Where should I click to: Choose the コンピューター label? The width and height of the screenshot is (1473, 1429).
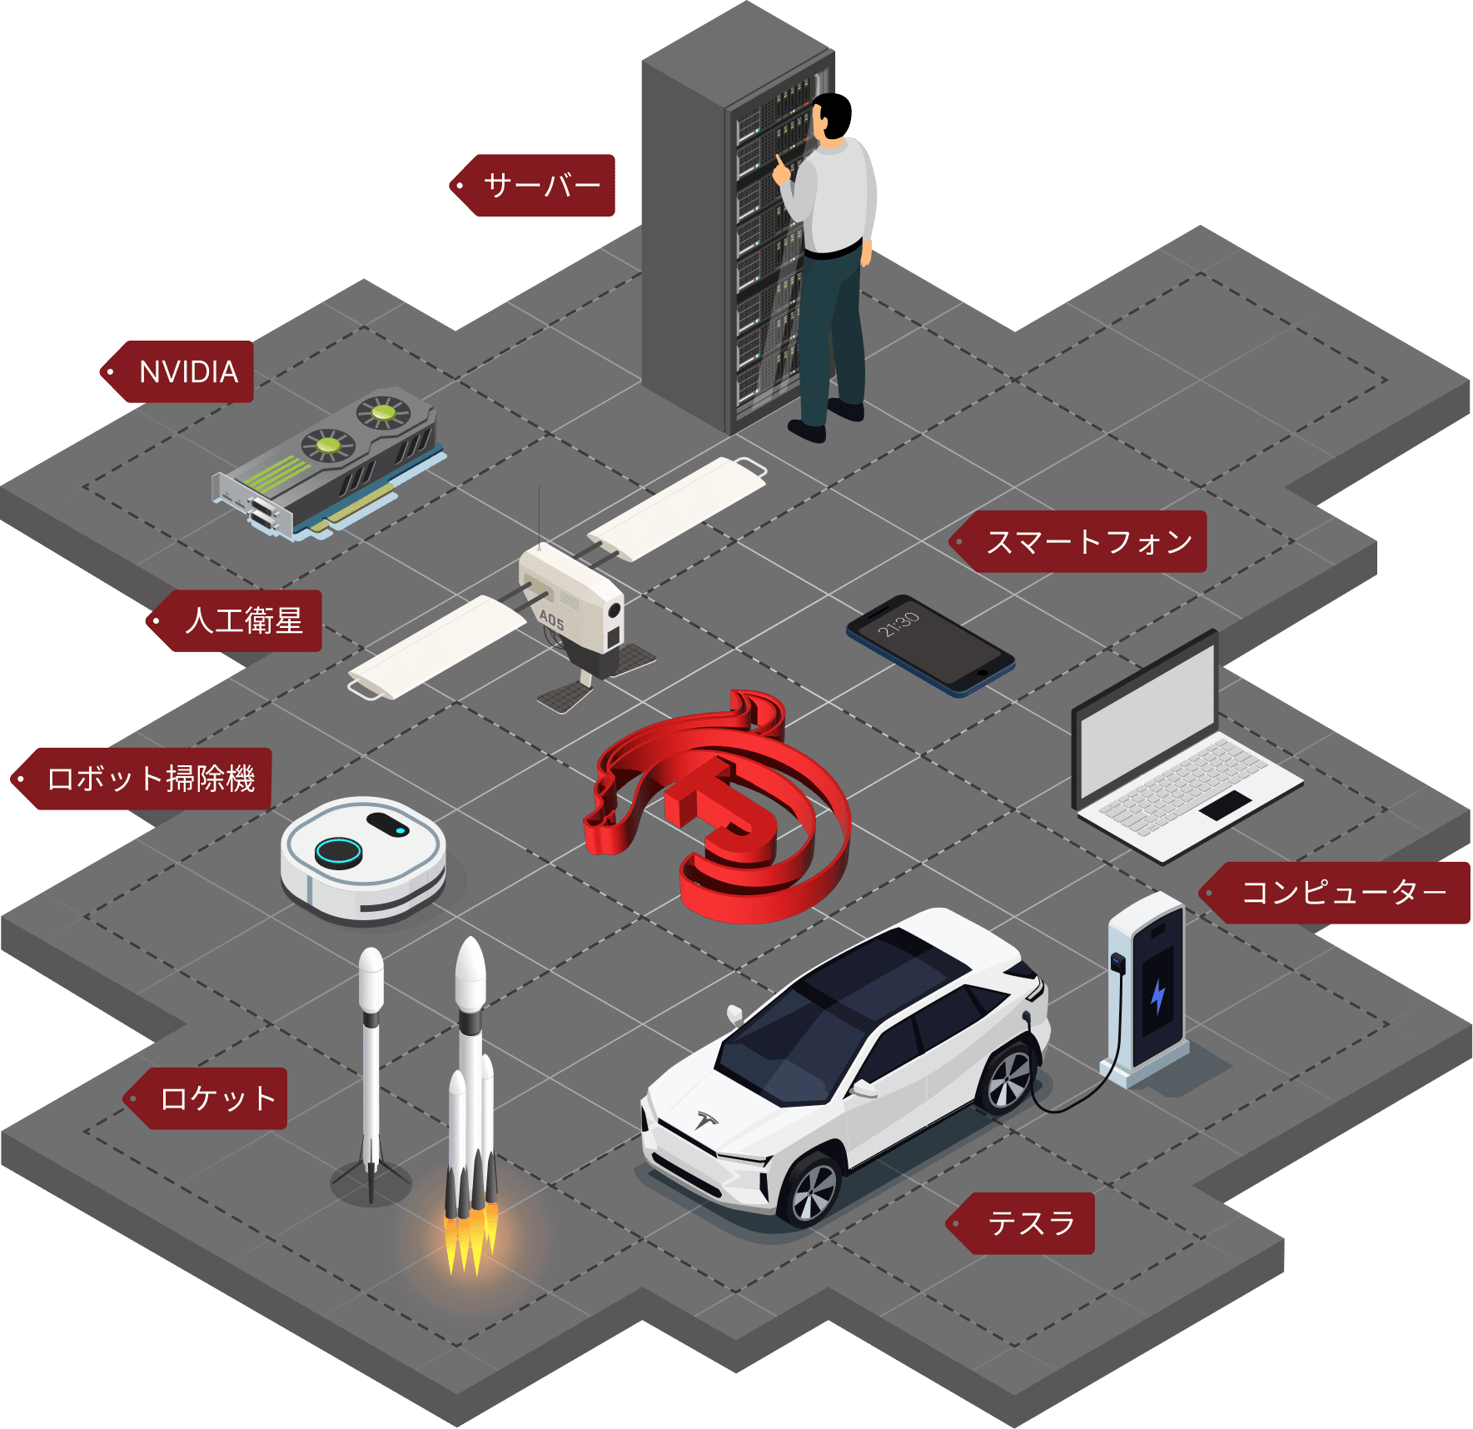point(1342,893)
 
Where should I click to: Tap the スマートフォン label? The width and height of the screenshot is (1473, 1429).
point(1087,541)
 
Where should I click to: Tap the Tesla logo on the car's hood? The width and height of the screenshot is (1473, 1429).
point(707,1118)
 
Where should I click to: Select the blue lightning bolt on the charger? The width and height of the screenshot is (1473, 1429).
point(1157,995)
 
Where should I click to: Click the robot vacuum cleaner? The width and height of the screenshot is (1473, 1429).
point(363,858)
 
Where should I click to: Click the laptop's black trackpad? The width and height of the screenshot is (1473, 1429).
point(1225,804)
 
